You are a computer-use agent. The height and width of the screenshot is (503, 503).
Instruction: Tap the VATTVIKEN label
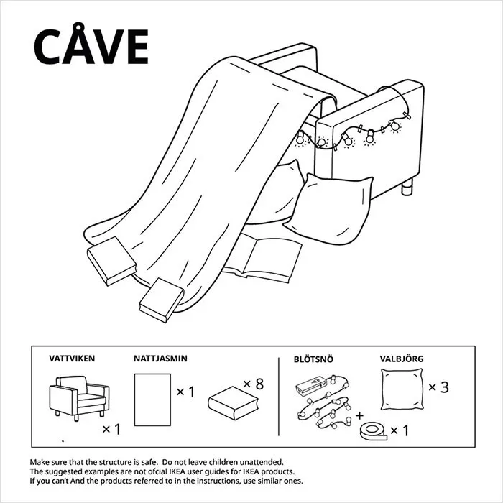(72, 359)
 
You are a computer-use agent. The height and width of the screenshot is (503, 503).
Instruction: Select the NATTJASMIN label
(160, 359)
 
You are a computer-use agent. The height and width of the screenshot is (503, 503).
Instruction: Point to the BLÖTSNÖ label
(313, 359)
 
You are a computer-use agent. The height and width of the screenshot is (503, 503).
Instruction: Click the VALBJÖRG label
(402, 359)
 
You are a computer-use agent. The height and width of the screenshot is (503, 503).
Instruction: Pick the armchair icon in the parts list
(79, 398)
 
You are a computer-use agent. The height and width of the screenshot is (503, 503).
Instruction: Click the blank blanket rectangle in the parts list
(152, 400)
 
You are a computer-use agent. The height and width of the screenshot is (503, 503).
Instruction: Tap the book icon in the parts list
(234, 403)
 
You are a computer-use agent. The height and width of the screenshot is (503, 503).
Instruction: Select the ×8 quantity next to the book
(254, 384)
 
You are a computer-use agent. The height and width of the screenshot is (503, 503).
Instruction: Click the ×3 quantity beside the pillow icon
(438, 387)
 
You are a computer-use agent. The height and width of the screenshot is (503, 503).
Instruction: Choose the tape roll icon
(373, 431)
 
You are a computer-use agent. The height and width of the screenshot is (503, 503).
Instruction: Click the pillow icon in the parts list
(402, 389)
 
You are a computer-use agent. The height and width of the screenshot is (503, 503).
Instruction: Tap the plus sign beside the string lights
(359, 416)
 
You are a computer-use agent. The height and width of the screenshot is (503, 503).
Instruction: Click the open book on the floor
(262, 257)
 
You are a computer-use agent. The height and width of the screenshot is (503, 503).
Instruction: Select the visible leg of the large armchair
(407, 187)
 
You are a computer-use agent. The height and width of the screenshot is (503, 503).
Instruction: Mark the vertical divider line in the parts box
(279, 397)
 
